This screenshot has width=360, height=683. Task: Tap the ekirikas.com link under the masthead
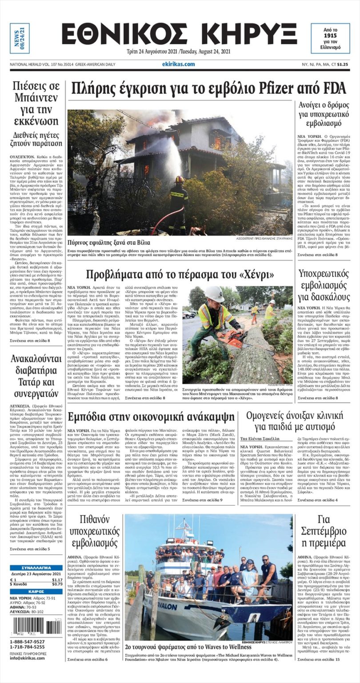tap(178, 64)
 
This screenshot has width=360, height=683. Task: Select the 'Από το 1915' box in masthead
tap(330, 38)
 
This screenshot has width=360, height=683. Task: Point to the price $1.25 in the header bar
tap(342, 64)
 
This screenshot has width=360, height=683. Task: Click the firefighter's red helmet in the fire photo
tap(179, 179)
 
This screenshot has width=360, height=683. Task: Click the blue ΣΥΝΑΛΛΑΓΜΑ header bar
tap(36, 568)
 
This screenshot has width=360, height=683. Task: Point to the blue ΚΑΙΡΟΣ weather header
tap(36, 592)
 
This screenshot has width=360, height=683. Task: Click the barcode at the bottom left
tap(36, 627)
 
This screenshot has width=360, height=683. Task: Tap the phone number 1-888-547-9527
tap(27, 642)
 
